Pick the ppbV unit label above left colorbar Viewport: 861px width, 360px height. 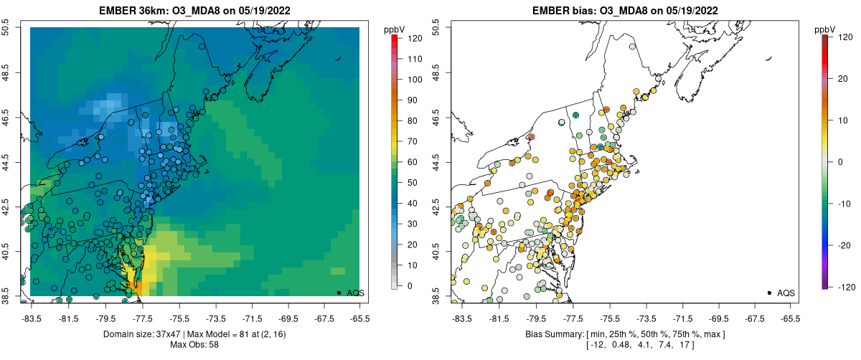(395, 29)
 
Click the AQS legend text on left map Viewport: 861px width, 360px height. (356, 293)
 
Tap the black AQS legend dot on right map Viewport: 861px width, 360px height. (769, 293)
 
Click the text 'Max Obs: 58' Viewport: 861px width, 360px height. (194, 345)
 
